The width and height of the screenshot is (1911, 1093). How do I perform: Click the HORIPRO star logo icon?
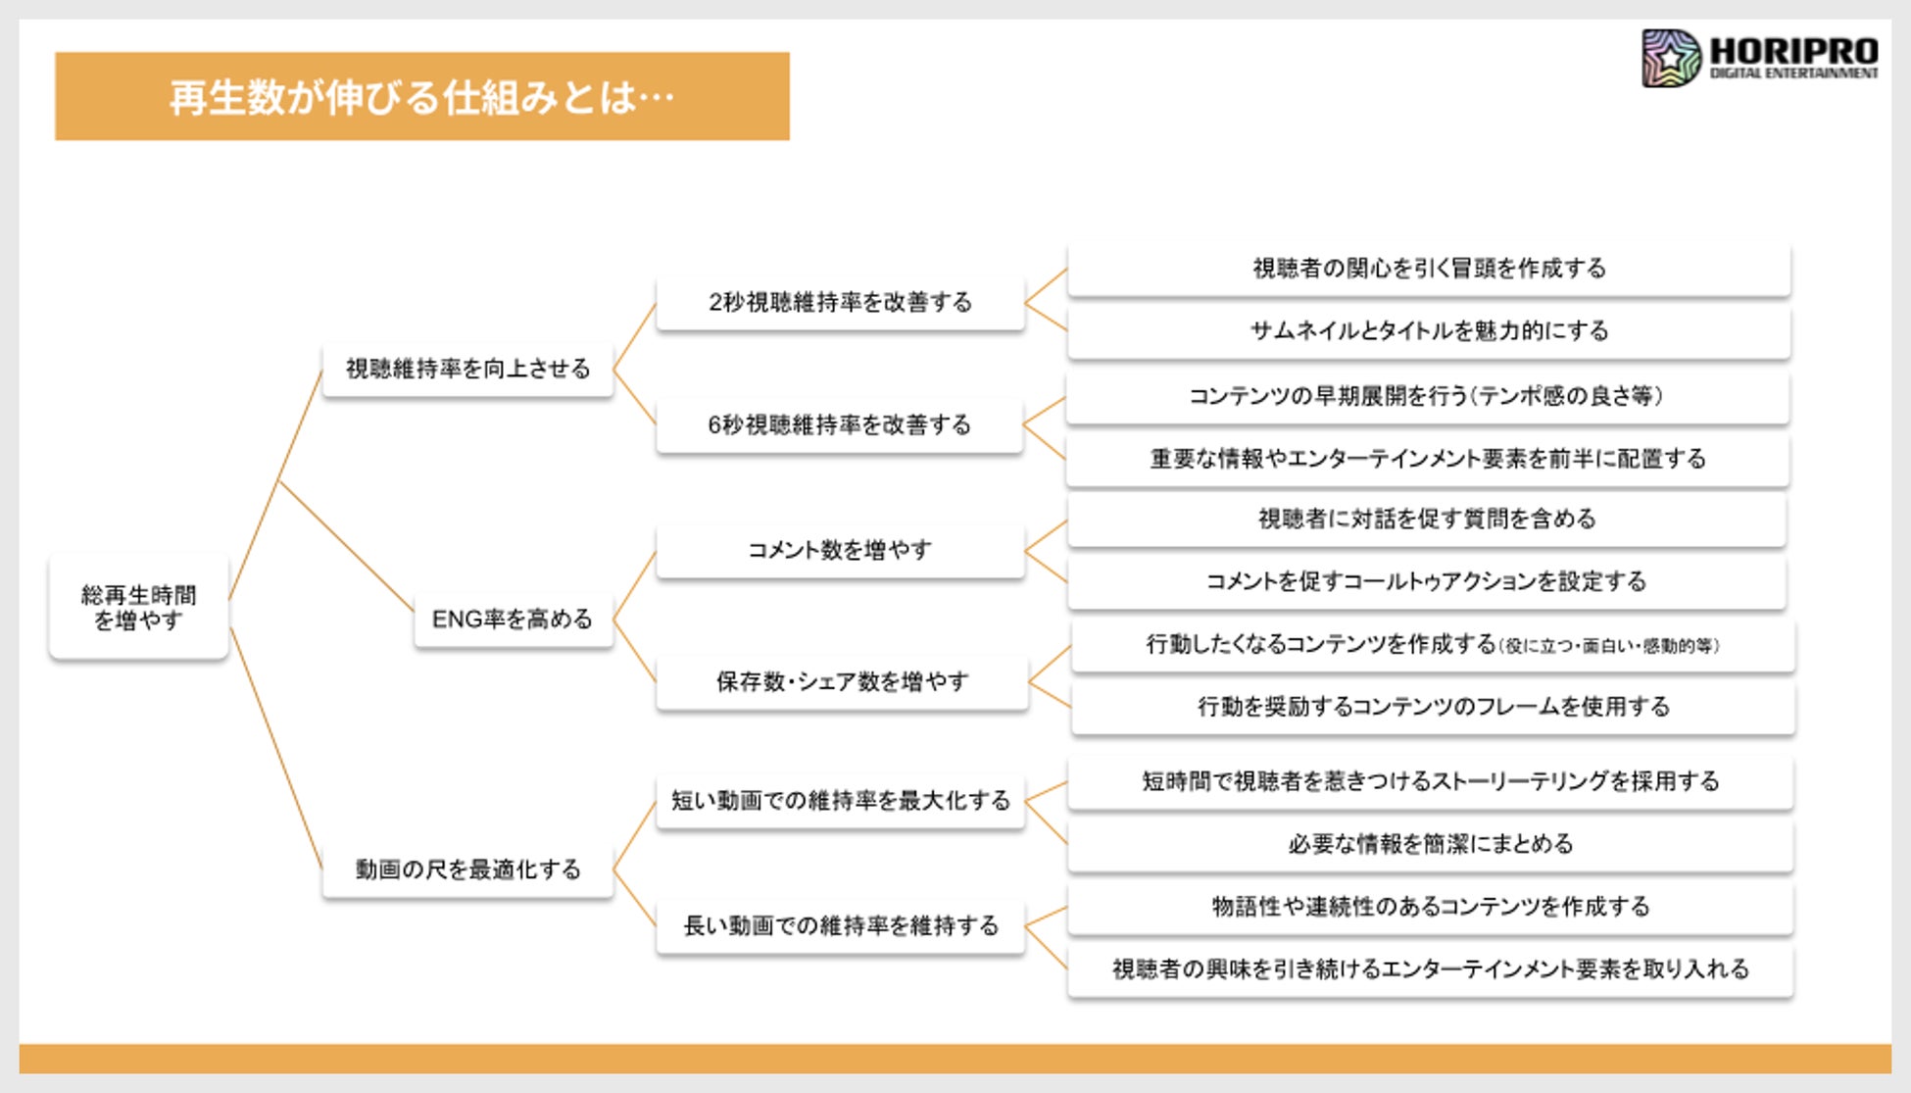click(1671, 58)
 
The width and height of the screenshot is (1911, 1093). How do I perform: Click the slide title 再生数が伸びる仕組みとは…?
click(421, 97)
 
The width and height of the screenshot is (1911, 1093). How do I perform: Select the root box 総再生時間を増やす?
click(138, 607)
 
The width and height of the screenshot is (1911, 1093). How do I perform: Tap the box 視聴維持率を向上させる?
click(467, 369)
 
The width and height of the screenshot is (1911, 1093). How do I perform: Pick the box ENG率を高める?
click(513, 620)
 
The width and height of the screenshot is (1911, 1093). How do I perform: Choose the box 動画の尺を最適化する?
click(467, 869)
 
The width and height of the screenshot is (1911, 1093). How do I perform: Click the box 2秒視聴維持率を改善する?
click(840, 302)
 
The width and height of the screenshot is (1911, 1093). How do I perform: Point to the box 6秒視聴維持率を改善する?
click(839, 425)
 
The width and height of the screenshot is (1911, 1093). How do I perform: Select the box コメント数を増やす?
click(840, 550)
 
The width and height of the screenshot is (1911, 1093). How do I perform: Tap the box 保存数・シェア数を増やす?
click(842, 681)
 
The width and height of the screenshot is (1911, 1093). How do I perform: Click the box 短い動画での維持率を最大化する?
click(840, 801)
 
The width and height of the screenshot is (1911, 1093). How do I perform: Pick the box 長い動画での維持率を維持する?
click(840, 925)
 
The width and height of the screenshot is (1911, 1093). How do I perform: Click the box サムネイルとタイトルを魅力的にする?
click(1428, 331)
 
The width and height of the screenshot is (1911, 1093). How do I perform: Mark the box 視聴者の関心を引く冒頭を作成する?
click(1428, 269)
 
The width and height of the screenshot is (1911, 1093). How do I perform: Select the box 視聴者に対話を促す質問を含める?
click(1426, 519)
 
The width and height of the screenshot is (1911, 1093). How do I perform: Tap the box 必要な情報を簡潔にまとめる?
click(1430, 844)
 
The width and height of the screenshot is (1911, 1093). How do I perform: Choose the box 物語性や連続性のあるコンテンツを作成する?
click(1430, 907)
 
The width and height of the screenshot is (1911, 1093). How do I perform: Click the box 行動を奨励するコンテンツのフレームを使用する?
click(1433, 707)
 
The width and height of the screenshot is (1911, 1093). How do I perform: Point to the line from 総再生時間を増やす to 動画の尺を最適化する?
click(275, 747)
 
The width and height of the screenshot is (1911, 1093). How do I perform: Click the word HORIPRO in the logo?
click(1793, 50)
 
